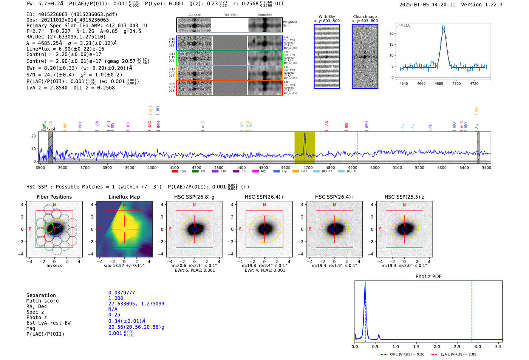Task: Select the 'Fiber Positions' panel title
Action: [54, 197]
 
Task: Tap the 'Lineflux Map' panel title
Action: [124, 197]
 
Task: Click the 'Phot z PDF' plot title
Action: [428, 276]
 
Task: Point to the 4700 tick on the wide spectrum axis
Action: [308, 167]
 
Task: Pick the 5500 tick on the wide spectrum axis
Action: [487, 167]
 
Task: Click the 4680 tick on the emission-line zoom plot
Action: [439, 83]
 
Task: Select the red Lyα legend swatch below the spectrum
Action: [175, 171]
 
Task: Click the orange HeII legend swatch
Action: [295, 171]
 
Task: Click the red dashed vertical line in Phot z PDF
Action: [472, 310]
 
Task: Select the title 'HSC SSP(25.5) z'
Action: [404, 197]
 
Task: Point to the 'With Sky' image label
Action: [326, 17]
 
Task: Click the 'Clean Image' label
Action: [365, 17]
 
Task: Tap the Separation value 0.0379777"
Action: [123, 293]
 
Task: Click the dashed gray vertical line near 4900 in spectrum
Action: [357, 147]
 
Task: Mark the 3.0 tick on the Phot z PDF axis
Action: [478, 346]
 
